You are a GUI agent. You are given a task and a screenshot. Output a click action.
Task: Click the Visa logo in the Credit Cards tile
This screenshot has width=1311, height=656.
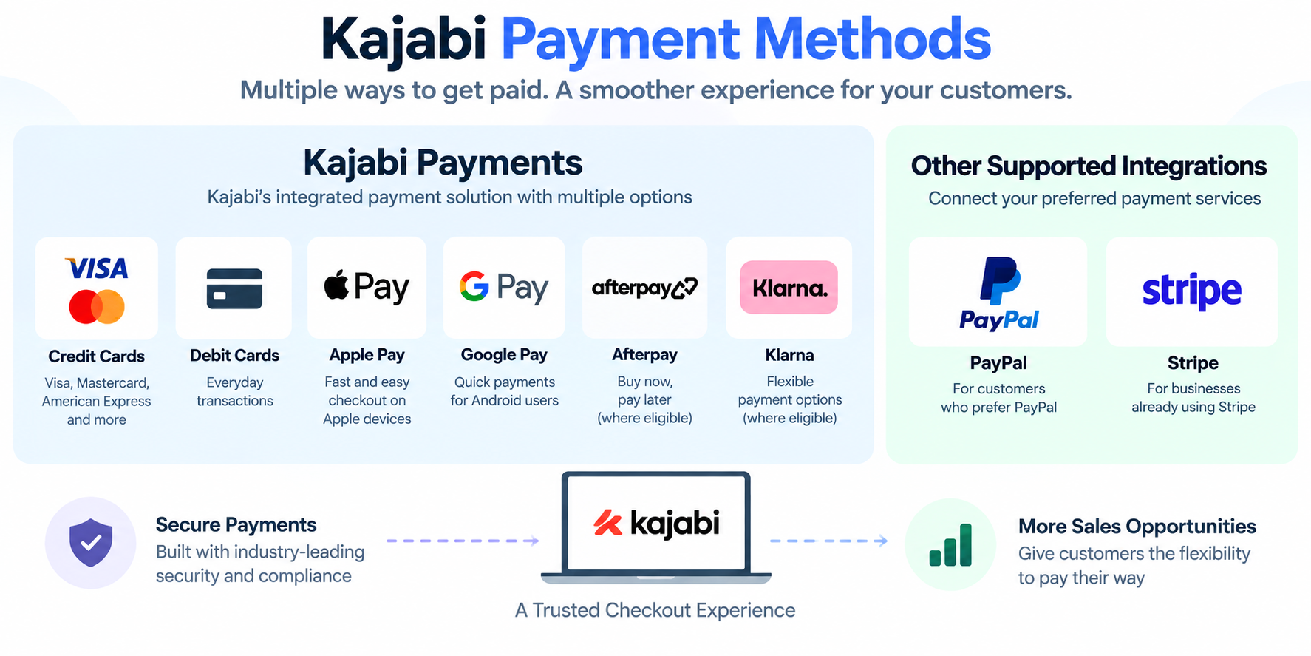(97, 268)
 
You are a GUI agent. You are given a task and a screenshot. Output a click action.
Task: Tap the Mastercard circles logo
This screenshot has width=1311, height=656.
(97, 307)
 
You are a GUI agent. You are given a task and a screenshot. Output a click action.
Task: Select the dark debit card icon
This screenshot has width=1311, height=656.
(234, 288)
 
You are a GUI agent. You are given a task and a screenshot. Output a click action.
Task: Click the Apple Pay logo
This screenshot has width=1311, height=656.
(367, 287)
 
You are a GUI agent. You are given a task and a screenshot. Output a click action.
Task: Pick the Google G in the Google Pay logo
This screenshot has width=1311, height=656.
(474, 286)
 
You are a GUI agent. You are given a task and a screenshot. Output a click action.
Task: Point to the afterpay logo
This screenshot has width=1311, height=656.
(644, 288)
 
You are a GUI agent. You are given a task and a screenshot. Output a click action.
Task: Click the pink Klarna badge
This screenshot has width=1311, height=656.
(789, 287)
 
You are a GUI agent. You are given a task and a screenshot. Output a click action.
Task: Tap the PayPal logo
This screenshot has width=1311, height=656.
(998, 293)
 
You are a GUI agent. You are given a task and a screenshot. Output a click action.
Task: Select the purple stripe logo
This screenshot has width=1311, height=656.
(1192, 291)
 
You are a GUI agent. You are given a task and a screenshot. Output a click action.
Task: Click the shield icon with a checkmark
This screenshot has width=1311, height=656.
(91, 543)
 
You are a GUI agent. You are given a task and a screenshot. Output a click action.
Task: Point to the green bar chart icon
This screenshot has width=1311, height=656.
(950, 545)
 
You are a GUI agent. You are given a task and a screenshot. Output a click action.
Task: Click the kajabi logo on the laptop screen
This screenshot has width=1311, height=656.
(656, 523)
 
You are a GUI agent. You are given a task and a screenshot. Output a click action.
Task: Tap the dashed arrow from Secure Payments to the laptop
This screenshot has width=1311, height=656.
(463, 541)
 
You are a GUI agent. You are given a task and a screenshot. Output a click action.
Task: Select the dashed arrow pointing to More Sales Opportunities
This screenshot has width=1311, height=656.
(828, 541)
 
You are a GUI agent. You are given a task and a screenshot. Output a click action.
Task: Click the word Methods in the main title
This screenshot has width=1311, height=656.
(872, 39)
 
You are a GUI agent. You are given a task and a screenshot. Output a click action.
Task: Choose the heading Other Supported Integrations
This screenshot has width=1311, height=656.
(1089, 166)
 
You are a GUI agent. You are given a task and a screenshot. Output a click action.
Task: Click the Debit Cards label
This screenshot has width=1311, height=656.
(234, 356)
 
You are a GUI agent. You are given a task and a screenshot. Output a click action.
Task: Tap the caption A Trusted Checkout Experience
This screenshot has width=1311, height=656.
(655, 610)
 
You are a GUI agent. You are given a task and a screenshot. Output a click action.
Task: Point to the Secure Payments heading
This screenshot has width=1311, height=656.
(236, 525)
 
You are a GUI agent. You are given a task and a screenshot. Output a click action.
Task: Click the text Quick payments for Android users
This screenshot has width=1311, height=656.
(505, 391)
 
